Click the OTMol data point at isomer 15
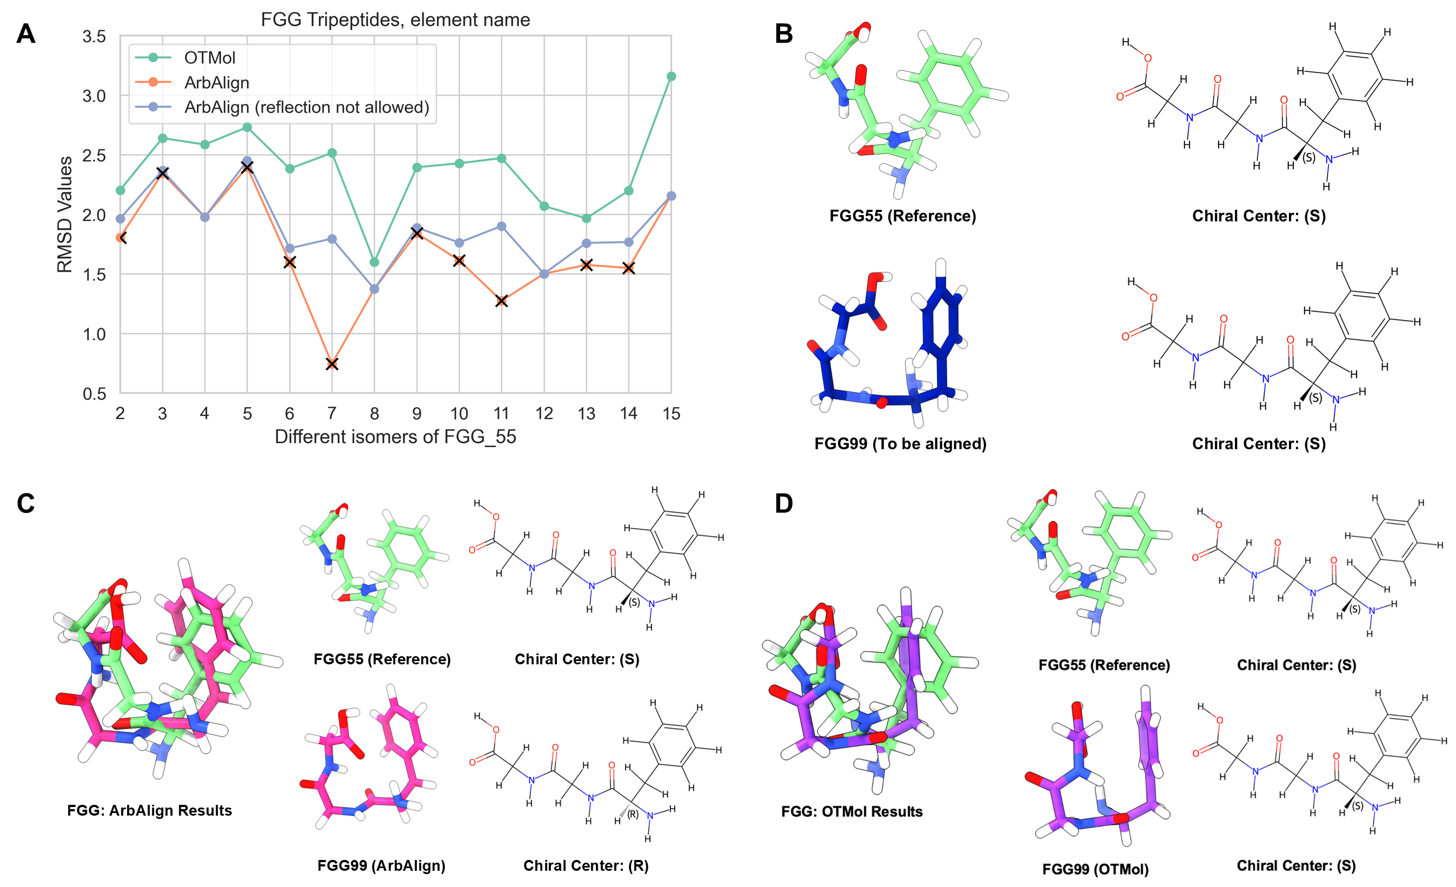click(x=670, y=76)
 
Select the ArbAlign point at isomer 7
click(x=332, y=364)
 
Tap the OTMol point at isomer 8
click(x=374, y=262)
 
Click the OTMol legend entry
click(x=209, y=57)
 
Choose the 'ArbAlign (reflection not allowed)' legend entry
click(x=306, y=107)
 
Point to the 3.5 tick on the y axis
click(x=94, y=37)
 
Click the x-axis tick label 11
click(x=501, y=414)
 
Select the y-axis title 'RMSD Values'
click(x=64, y=215)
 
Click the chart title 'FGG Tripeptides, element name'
click(x=395, y=19)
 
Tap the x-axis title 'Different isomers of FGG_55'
click(x=395, y=437)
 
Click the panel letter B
click(x=783, y=34)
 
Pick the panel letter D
click(x=783, y=503)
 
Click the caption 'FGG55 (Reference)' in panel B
click(x=902, y=216)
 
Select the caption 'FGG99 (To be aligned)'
click(x=900, y=444)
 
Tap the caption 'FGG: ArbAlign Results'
click(x=150, y=810)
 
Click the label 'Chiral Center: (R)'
click(x=586, y=866)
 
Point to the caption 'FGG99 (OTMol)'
click(x=1095, y=869)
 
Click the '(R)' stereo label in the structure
click(x=633, y=815)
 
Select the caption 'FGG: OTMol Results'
click(x=852, y=811)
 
